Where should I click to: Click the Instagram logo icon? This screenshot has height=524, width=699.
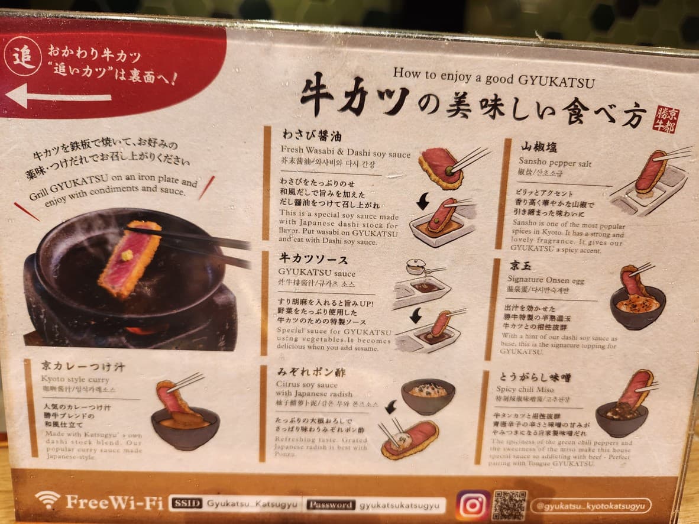pos(473,504)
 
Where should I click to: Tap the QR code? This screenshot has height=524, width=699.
pos(509,504)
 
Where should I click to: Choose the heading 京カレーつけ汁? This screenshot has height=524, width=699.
pos(83,366)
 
